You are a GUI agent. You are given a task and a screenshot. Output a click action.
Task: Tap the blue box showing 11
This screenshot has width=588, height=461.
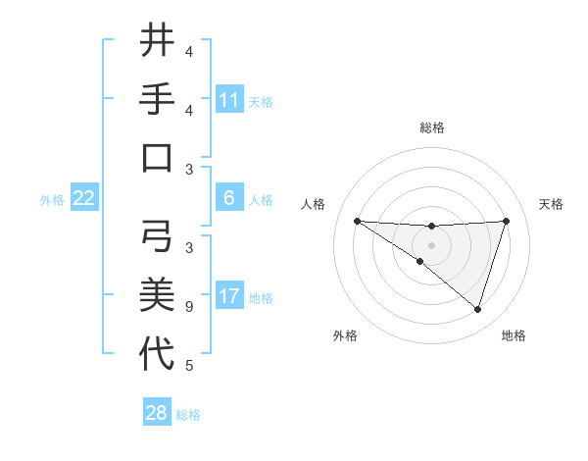click(228, 100)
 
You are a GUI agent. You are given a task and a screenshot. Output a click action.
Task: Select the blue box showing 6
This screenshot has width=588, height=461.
click(228, 198)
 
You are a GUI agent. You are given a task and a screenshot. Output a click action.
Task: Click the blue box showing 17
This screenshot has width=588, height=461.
click(228, 296)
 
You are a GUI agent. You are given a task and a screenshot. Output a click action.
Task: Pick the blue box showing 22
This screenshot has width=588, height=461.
click(84, 198)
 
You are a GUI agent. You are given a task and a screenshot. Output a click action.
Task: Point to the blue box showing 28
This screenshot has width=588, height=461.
click(156, 413)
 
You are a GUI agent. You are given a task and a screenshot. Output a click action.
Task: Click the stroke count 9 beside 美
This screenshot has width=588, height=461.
click(189, 307)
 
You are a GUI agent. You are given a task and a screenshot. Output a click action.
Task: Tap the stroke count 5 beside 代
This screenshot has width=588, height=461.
click(189, 366)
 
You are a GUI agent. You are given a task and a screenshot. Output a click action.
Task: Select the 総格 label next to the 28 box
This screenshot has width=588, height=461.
click(188, 415)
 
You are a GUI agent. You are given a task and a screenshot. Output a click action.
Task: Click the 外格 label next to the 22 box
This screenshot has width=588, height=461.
click(52, 200)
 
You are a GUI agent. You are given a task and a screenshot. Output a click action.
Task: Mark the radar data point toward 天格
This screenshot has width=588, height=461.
click(507, 221)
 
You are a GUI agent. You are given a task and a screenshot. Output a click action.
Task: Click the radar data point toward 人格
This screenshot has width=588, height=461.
click(357, 221)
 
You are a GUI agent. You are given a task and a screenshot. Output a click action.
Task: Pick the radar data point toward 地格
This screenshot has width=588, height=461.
click(477, 309)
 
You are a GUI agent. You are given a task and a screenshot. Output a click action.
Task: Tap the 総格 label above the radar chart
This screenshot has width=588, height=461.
click(431, 128)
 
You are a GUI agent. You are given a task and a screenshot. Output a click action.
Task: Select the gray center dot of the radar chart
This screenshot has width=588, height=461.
click(431, 244)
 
